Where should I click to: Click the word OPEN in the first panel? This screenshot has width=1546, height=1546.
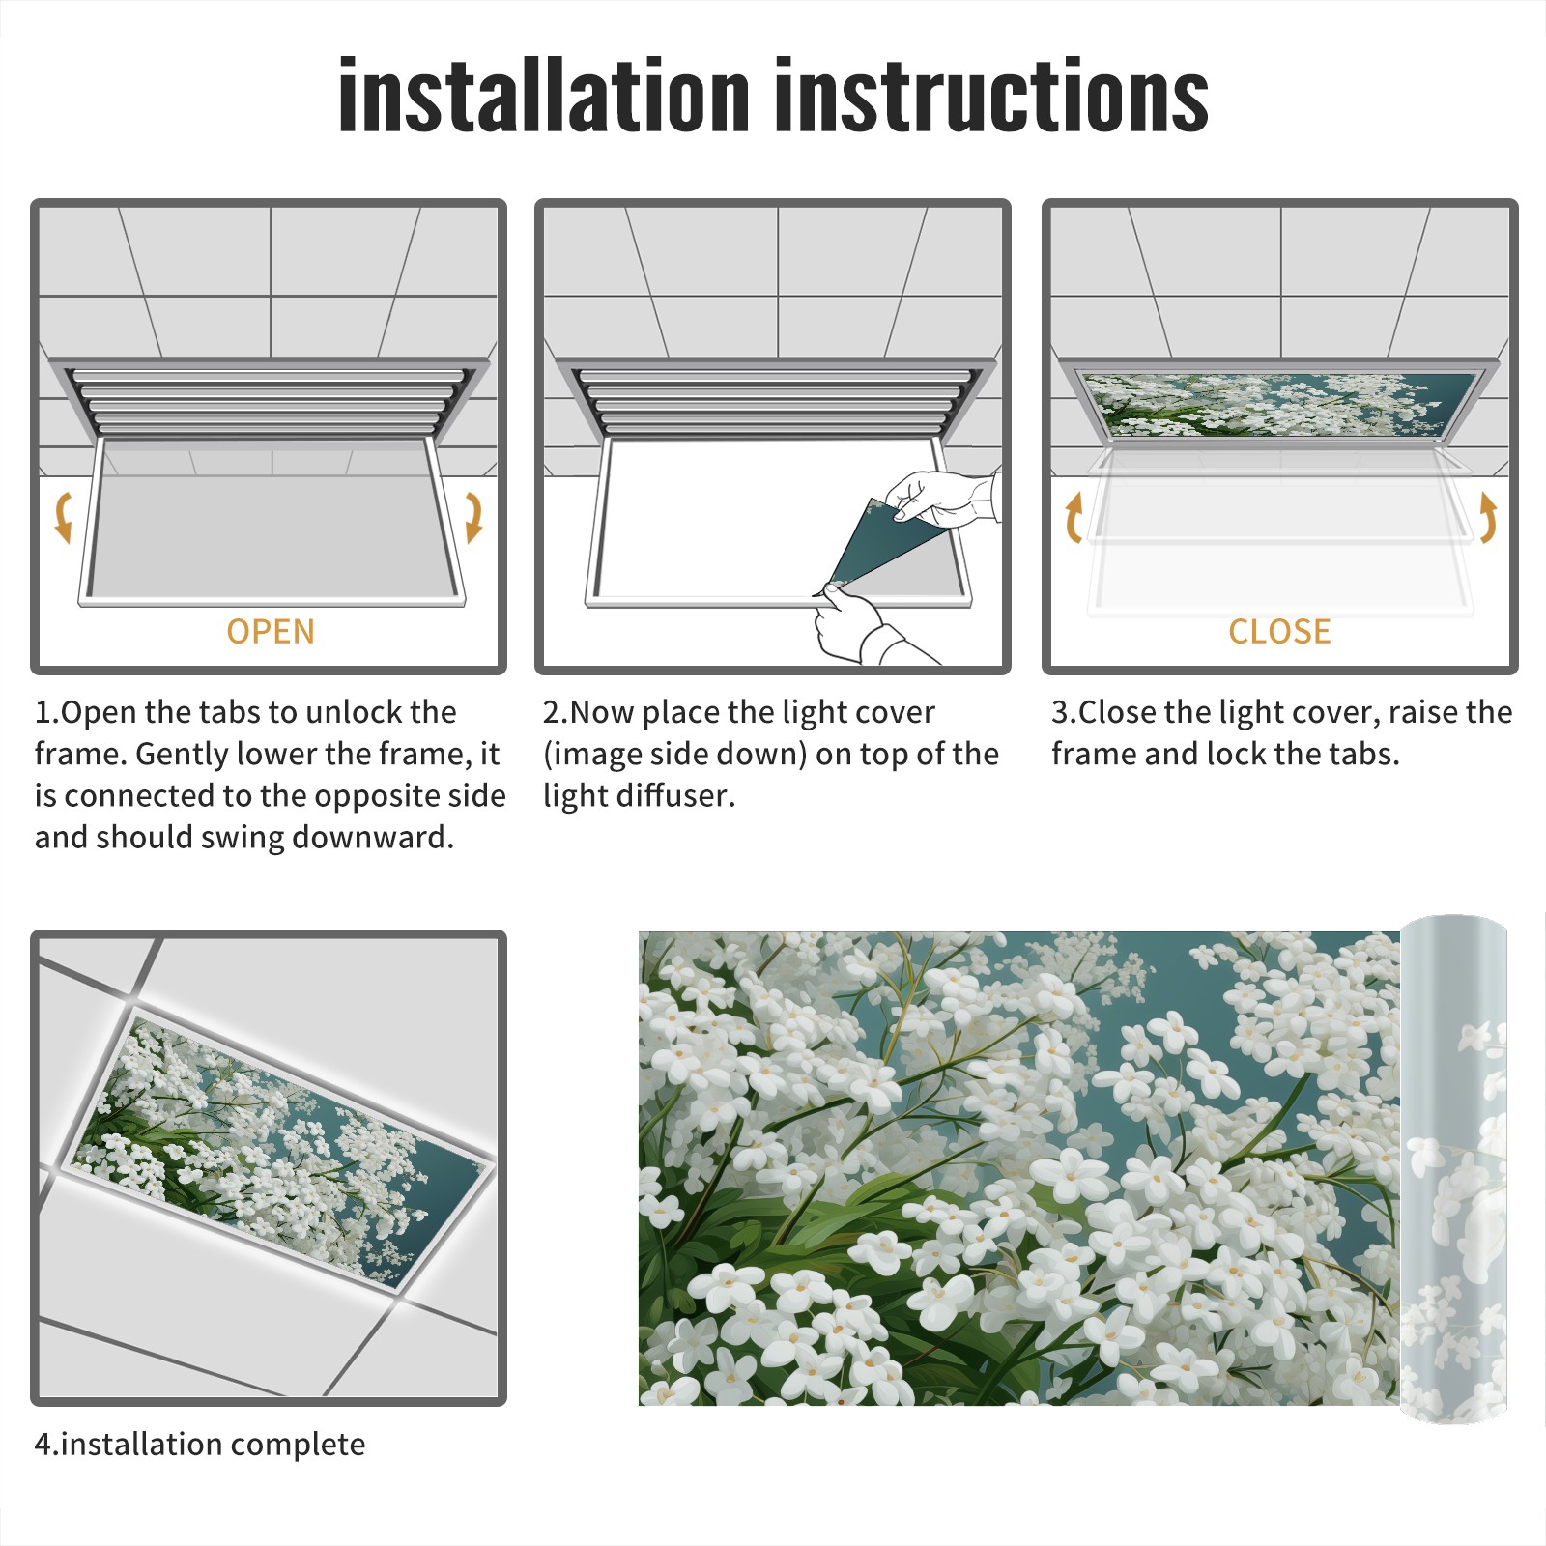pos(271,631)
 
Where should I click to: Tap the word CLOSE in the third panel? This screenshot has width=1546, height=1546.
pos(1279,631)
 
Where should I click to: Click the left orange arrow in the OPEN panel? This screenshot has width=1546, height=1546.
pos(63,517)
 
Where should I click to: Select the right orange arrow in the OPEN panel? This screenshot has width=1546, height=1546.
pos(473,517)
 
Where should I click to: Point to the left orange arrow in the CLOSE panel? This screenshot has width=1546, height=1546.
pos(1073,517)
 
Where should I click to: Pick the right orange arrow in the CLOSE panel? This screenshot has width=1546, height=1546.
pos(1488,517)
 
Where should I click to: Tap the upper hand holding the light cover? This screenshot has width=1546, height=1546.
pos(942,497)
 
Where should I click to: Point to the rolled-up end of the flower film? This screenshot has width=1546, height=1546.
pos(1454,1169)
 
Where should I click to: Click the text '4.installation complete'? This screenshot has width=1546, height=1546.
pos(200,1444)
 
